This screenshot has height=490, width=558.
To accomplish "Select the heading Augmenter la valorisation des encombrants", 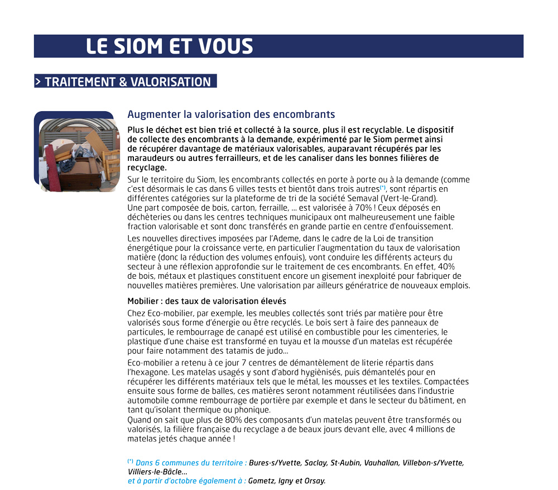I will click(231, 115).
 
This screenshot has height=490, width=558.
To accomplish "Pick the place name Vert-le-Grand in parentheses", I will click(415, 198).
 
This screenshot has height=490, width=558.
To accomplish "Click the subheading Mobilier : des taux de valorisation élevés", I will click(206, 301).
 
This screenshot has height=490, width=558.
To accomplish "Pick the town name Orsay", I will click(315, 481).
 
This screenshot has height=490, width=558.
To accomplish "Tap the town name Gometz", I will click(262, 481).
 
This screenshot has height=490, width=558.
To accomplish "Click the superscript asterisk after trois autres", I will click(383, 187).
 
